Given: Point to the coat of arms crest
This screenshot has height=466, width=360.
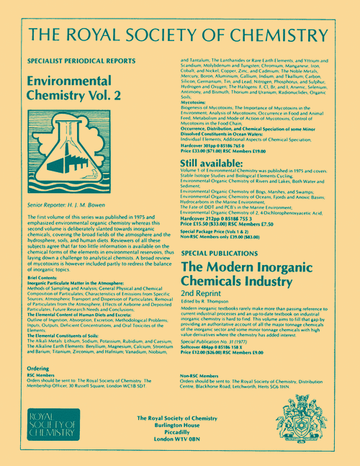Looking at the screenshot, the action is pos(301,429).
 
